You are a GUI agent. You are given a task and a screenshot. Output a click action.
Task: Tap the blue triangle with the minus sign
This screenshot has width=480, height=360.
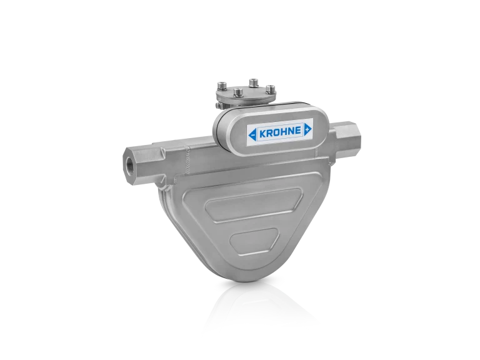pos(252,132)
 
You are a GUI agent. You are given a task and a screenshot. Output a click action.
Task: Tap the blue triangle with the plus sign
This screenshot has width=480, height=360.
pos(307,129)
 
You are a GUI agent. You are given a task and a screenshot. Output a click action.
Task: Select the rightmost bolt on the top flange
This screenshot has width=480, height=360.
pos(271,88)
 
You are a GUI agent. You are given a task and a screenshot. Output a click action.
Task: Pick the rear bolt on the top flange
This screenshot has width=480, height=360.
pos(252,82)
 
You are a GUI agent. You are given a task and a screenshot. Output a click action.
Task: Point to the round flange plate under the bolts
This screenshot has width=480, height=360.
pos(246,97)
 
